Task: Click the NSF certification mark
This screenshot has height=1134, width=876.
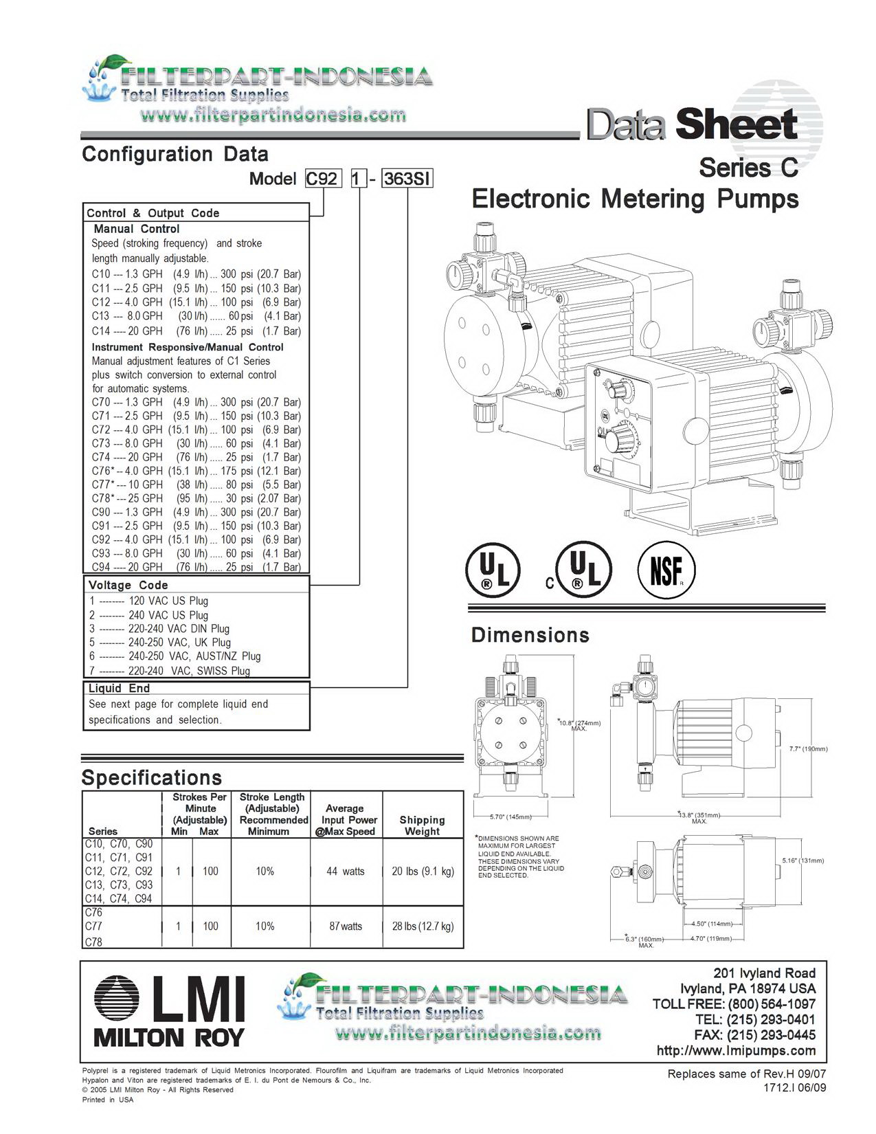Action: point(666,569)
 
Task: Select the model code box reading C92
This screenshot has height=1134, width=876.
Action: point(324,179)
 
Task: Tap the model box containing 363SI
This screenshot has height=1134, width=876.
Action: point(407,179)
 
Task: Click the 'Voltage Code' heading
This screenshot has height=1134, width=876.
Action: point(128,585)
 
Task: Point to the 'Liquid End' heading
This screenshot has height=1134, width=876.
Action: point(119,689)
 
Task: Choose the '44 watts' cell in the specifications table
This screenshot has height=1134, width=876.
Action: point(346,871)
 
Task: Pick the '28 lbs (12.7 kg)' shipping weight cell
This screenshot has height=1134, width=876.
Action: point(423,926)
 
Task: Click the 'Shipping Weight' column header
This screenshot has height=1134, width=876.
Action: point(422,825)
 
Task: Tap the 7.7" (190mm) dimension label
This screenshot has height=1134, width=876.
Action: point(808,749)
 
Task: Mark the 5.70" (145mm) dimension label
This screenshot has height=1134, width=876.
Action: point(510,816)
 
